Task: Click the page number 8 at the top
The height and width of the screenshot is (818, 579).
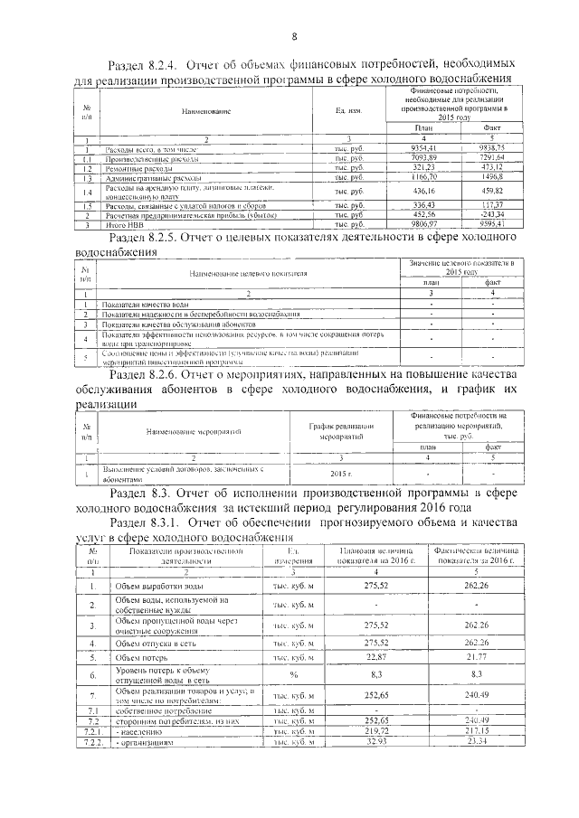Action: [x=294, y=36]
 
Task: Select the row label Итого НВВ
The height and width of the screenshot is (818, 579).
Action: [x=100, y=222]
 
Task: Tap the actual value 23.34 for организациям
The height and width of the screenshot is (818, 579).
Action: [x=476, y=740]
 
